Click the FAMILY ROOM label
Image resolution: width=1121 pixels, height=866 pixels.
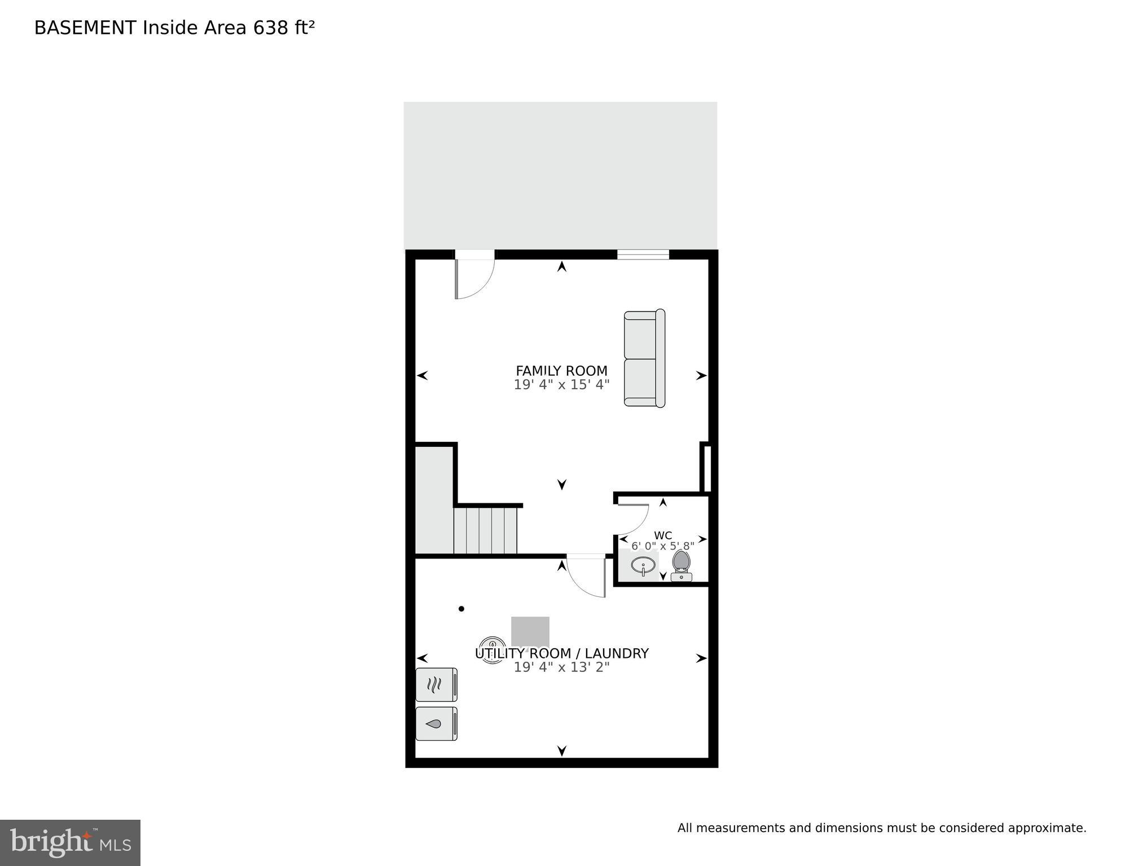pos(561,371)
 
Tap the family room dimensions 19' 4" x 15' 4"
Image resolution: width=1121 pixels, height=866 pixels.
pos(561,385)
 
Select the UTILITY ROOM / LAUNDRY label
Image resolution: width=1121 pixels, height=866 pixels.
pos(561,653)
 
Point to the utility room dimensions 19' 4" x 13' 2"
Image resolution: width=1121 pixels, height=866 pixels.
pos(561,667)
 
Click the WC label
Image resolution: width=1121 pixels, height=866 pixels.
pos(663,535)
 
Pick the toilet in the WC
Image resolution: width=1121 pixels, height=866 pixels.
pos(682,565)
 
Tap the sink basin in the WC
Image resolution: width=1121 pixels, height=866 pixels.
pos(643,565)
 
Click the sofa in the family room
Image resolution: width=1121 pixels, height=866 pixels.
pos(644,358)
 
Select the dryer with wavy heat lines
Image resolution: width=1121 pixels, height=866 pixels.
pos(436,685)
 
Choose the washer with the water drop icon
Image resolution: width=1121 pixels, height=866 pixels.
pos(436,723)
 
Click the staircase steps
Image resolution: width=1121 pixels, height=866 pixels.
pos(485,531)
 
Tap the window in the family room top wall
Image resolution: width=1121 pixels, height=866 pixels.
pos(643,254)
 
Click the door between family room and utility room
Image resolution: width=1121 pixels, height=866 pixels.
pos(587,575)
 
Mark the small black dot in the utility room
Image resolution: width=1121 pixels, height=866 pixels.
pos(461,609)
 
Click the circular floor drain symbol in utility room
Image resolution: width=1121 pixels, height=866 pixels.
pos(492,649)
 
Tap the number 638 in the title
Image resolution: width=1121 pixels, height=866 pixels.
pos(271,28)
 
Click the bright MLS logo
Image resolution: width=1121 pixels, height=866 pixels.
pos(70,842)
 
